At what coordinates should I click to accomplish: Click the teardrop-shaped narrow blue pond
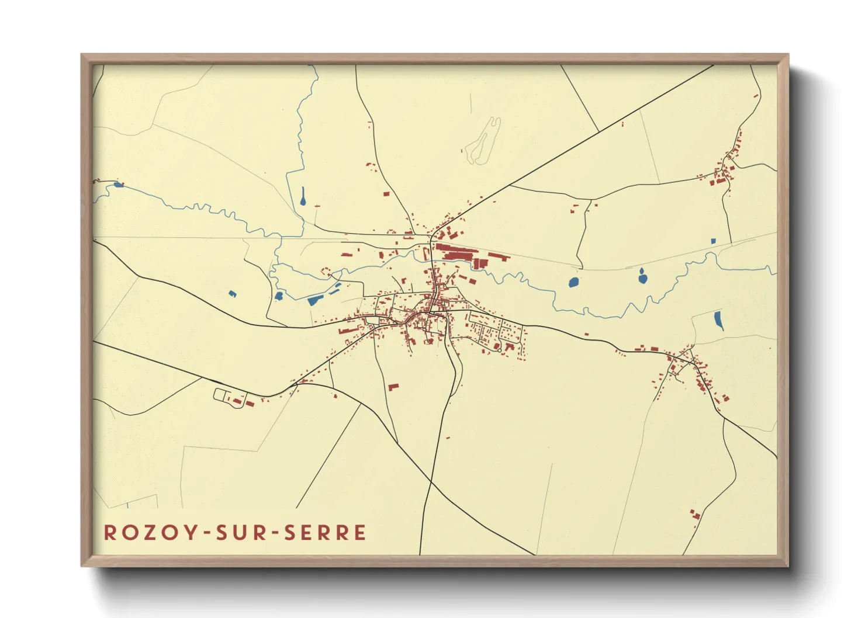[x=303, y=196]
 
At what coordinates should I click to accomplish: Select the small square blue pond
[x=713, y=241]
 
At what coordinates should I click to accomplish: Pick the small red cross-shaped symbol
[x=317, y=207]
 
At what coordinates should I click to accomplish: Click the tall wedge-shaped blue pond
[x=718, y=320]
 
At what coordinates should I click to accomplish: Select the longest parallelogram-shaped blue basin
[x=315, y=301]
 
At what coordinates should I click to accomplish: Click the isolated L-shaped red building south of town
[x=393, y=387]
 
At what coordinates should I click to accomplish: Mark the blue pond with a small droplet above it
[x=642, y=278]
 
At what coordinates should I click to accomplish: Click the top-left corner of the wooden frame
[x=82, y=55]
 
